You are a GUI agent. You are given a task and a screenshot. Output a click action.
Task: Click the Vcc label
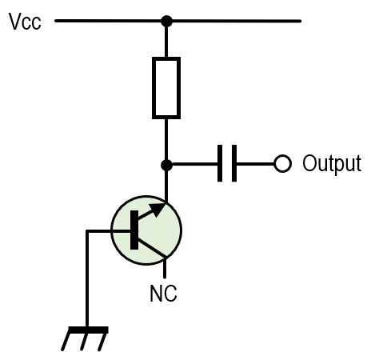(x=25, y=22)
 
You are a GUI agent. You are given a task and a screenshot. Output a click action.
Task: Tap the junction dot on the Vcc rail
(x=167, y=21)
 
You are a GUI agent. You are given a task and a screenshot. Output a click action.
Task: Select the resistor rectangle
(x=166, y=88)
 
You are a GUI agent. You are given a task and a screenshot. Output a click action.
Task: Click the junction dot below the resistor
(x=167, y=165)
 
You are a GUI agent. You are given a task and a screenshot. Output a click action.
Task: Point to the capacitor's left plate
(x=220, y=163)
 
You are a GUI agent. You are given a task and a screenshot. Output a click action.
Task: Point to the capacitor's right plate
(x=234, y=163)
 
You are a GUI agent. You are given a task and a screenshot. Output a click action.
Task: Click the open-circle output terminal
(x=282, y=163)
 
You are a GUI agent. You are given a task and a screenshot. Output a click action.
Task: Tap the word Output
(x=332, y=163)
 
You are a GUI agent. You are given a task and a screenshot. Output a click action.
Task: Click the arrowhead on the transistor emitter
(x=158, y=208)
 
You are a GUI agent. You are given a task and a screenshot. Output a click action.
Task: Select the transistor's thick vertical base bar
(x=134, y=230)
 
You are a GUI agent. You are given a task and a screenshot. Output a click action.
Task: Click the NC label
(x=163, y=294)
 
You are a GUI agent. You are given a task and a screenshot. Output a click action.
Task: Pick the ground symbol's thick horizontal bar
(x=89, y=330)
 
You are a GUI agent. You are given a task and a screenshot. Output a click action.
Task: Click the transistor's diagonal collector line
(x=152, y=248)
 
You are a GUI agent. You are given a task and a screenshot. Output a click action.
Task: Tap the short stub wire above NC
(x=165, y=268)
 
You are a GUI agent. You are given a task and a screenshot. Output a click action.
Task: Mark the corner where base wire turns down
(x=87, y=231)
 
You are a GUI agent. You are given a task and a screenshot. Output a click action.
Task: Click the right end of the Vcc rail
(x=300, y=21)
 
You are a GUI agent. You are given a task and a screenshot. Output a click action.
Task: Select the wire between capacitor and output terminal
(x=255, y=164)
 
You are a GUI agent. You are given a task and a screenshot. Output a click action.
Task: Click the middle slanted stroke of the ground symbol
(x=84, y=342)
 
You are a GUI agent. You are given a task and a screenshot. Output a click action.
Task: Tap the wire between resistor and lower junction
(x=166, y=139)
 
